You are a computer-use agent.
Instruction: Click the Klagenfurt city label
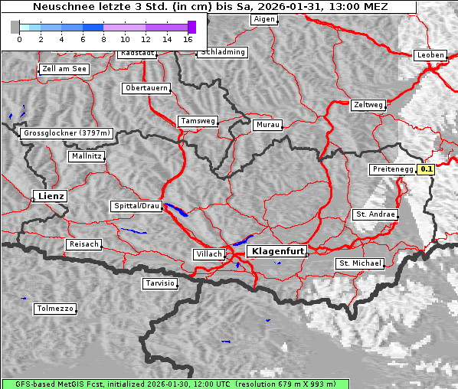tap(278, 250)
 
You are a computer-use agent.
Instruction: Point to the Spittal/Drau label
tap(136, 206)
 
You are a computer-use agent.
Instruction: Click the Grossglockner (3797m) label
tap(67, 133)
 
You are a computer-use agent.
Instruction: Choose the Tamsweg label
tap(198, 121)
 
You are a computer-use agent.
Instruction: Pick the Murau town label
tap(267, 124)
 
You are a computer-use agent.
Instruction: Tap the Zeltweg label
tap(368, 105)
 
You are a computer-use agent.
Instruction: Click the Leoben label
tap(430, 55)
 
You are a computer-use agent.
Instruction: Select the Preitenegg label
tap(393, 169)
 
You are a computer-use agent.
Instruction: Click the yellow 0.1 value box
tap(427, 169)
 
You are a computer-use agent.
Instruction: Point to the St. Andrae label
tap(375, 214)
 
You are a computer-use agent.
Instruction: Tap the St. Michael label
tap(360, 263)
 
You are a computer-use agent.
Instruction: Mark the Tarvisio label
tap(160, 283)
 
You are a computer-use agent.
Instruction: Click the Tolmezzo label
tap(55, 309)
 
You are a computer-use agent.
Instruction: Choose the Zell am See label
tap(64, 69)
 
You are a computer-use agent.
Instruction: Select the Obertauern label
tap(146, 88)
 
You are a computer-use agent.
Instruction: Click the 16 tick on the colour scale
tap(188, 38)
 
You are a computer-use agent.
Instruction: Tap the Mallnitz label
tap(86, 156)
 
